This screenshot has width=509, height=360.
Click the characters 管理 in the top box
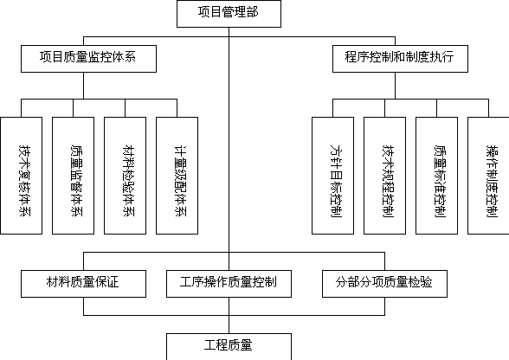coord(229,12)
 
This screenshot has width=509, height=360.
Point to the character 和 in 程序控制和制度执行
coord(399,57)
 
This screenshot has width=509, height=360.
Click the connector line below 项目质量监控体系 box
coord(83,86)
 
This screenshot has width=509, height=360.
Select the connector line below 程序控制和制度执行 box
coord(395,86)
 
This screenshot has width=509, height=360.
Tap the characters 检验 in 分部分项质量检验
coord(420,282)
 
